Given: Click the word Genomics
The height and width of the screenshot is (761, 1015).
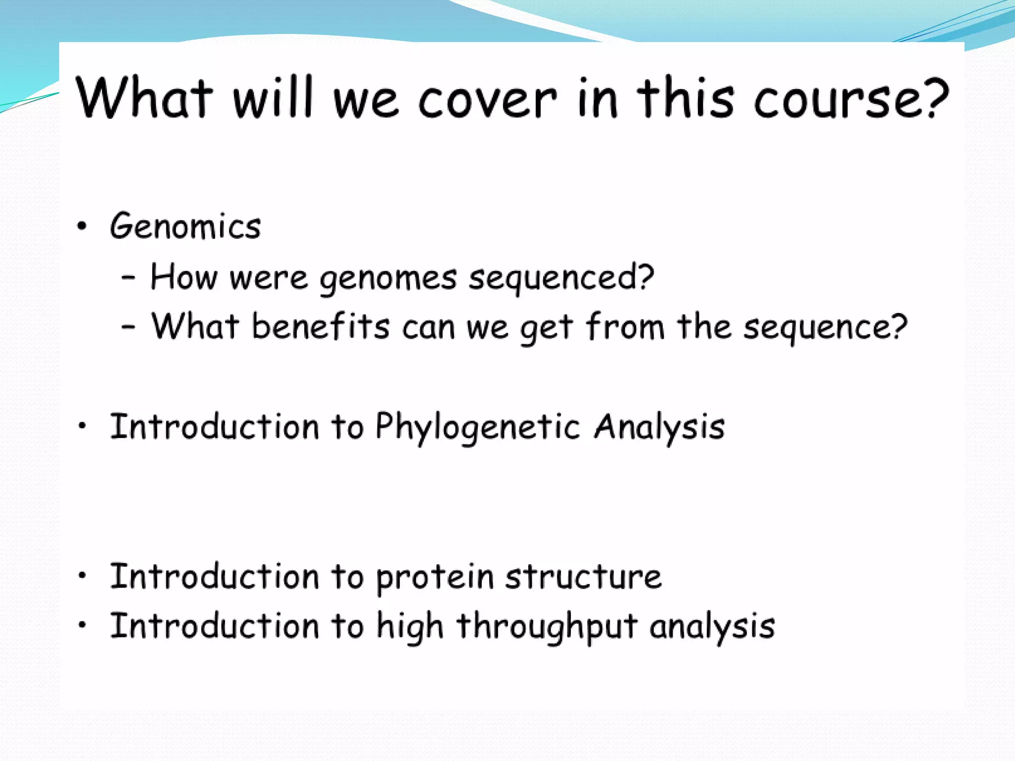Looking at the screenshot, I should [x=185, y=227].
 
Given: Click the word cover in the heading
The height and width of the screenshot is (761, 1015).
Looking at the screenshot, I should [x=488, y=99].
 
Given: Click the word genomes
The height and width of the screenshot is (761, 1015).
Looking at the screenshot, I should [x=388, y=279].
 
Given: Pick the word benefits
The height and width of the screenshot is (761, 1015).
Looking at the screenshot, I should [x=321, y=327].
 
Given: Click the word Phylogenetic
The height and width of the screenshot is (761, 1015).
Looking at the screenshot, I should [x=477, y=427].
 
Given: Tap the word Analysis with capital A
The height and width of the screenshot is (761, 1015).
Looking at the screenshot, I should [x=659, y=427].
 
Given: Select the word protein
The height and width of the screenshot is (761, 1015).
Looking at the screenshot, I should [x=435, y=578].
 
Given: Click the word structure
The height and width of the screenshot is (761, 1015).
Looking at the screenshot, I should [x=583, y=577].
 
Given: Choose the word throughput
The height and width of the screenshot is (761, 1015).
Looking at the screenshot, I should [x=547, y=627].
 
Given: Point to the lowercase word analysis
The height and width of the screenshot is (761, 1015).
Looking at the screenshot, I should [x=712, y=626].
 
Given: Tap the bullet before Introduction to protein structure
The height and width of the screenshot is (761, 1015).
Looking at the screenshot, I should [x=82, y=575].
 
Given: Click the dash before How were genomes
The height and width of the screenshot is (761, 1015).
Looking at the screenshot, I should [x=128, y=277].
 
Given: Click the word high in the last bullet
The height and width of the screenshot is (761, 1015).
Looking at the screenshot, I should [x=409, y=627].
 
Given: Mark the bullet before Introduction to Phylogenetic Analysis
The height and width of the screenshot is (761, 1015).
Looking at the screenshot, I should [x=82, y=426].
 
